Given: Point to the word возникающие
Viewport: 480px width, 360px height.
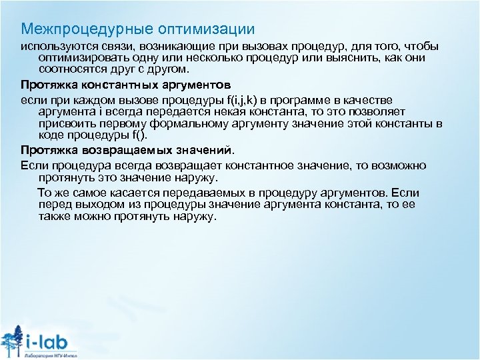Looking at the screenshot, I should [166, 47].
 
